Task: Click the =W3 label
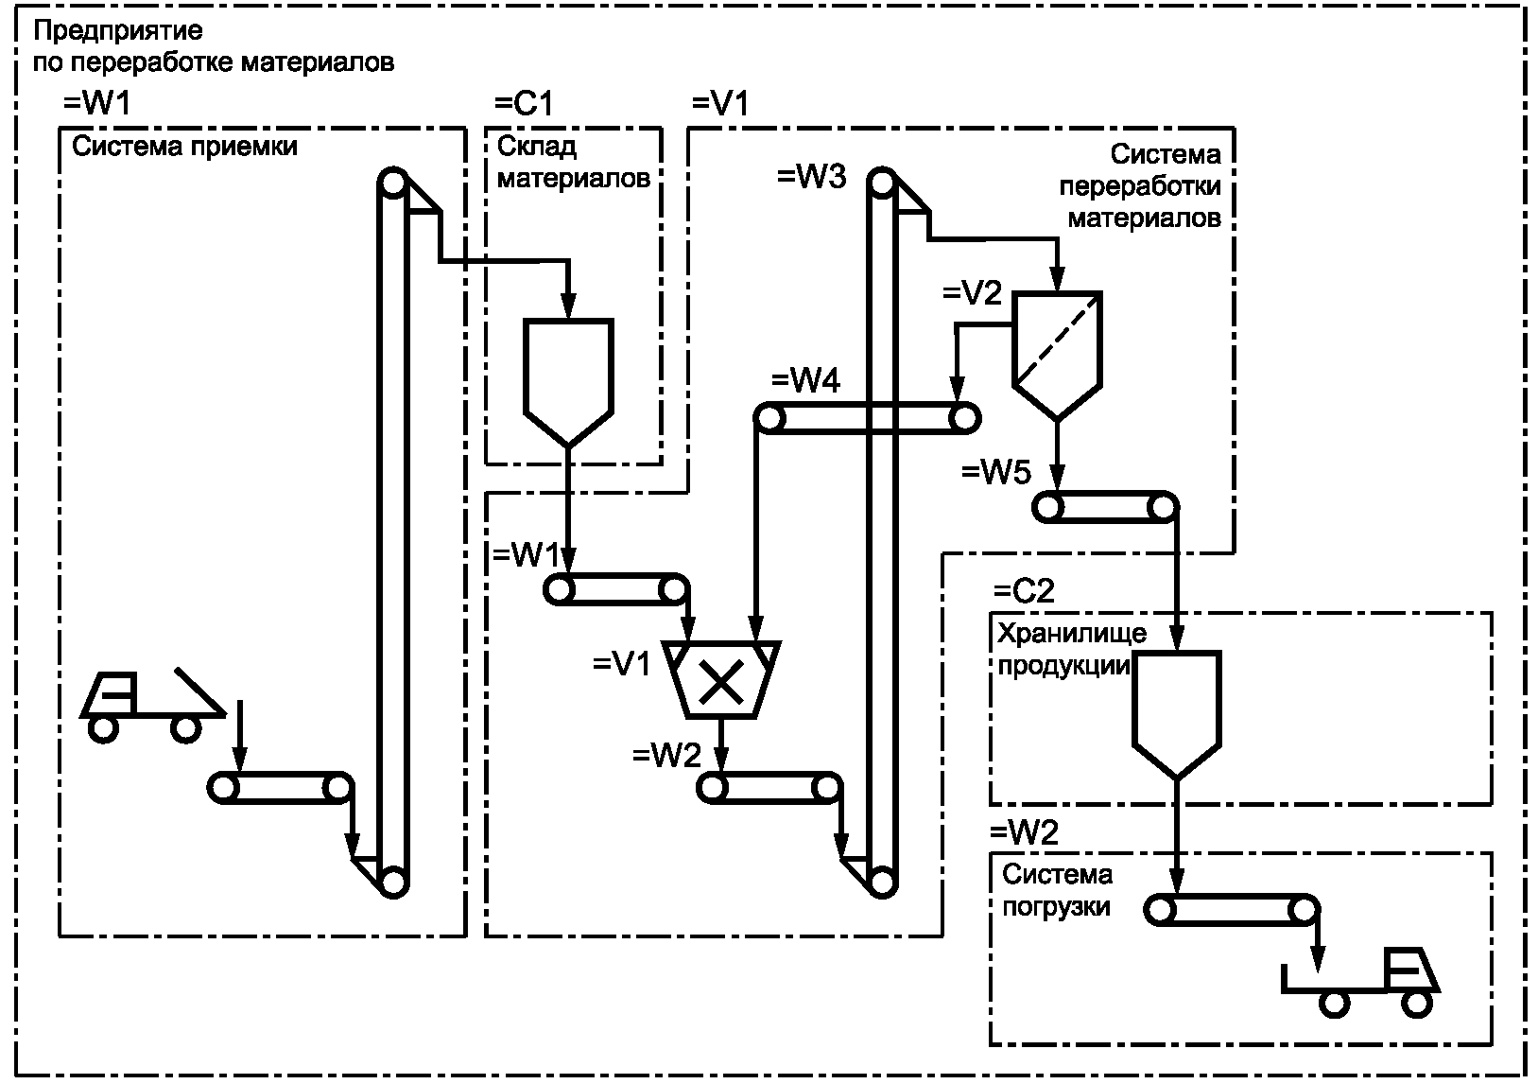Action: (x=812, y=177)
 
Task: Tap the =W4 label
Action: (x=806, y=380)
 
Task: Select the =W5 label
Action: (x=996, y=472)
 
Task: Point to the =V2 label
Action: (x=972, y=293)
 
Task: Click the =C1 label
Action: (x=524, y=104)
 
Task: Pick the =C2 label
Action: (x=1024, y=591)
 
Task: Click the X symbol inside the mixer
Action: (x=721, y=682)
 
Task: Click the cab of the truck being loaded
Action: (x=1411, y=970)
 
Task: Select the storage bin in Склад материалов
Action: (x=568, y=382)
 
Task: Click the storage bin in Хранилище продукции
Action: (x=1177, y=714)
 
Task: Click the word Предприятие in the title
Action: (x=118, y=31)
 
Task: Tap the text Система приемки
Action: (x=184, y=147)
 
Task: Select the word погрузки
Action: (x=1056, y=906)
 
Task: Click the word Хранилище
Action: (x=1072, y=633)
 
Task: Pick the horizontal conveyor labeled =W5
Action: (x=1105, y=507)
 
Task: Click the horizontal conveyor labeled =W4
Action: (x=867, y=418)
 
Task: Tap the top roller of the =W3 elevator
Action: (x=882, y=184)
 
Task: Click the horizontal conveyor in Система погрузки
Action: (x=1232, y=910)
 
